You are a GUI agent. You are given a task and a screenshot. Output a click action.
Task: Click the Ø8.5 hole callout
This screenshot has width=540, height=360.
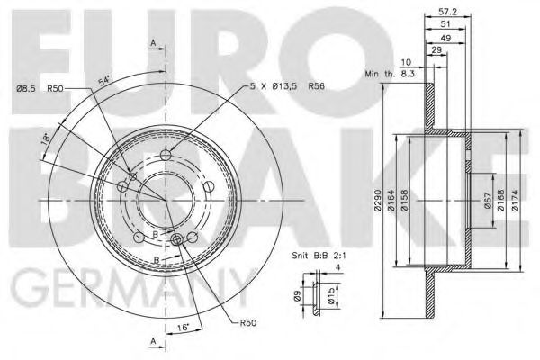tap(28, 86)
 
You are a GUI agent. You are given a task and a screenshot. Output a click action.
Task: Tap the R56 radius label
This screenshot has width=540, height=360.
tap(316, 85)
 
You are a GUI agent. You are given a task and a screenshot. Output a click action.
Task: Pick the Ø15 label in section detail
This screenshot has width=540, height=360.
tap(330, 295)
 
